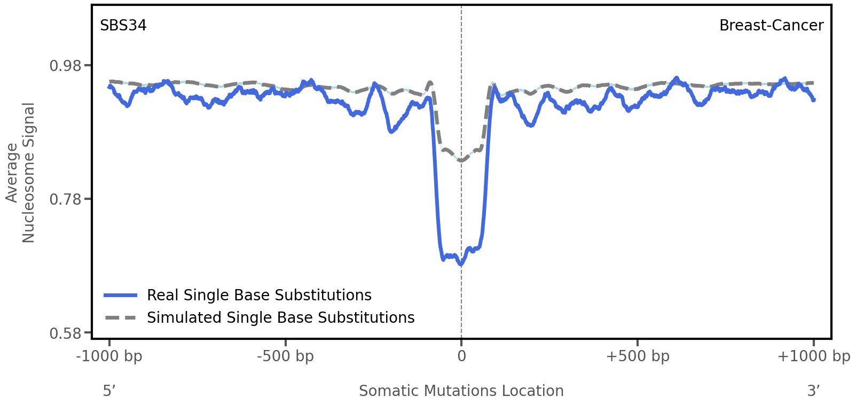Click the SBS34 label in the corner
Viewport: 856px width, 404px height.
(123, 26)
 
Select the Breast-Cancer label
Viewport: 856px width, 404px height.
(771, 26)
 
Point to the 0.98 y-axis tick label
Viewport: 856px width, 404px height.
(66, 66)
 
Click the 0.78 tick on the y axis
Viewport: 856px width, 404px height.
(66, 199)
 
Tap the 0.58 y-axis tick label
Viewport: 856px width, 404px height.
(66, 333)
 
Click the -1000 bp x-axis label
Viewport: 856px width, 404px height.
(109, 356)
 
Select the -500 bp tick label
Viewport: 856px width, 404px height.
(285, 356)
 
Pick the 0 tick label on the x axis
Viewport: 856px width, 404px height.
(461, 356)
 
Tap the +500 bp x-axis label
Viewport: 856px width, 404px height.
(637, 356)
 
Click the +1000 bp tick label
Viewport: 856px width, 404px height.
(813, 356)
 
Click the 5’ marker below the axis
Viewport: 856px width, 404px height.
(109, 391)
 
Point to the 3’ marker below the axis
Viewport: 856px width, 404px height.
(813, 391)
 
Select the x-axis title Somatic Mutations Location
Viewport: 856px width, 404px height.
(461, 391)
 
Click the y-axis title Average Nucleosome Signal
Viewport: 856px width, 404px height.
(20, 172)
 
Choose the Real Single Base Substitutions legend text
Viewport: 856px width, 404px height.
(259, 295)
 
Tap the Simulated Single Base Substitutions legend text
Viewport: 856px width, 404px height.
(280, 317)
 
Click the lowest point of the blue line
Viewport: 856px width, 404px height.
(461, 264)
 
